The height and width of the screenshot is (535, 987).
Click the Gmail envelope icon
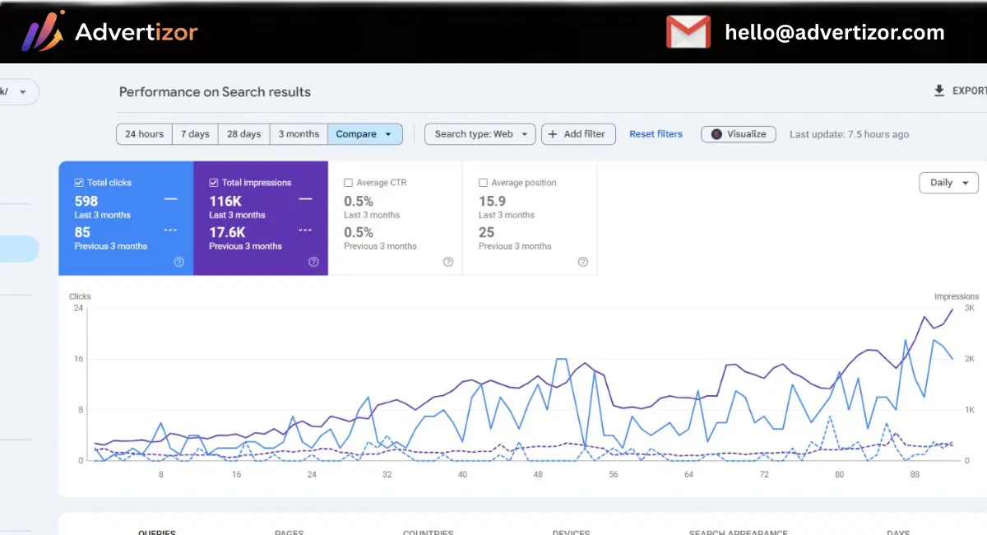688,32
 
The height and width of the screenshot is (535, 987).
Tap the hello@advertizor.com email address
834,33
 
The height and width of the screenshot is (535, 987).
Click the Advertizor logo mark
42,32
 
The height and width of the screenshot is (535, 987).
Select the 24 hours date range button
144,134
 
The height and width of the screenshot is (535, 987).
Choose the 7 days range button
195,134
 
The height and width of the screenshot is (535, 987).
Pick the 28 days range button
243,134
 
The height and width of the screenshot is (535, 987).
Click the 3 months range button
299,134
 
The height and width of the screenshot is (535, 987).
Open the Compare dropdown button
364,134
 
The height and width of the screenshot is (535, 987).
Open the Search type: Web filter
480,134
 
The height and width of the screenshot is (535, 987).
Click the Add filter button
577,134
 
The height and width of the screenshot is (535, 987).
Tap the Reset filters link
656,134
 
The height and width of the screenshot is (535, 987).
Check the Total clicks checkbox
79,183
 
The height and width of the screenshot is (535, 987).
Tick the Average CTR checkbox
349,183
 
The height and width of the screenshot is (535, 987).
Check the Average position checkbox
484,183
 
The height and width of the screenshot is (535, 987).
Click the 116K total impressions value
226,201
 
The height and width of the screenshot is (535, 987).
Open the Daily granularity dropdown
948,183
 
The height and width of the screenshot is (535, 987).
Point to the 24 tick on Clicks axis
78,308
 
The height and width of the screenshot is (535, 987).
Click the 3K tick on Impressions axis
970,308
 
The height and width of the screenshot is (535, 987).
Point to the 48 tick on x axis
538,475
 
